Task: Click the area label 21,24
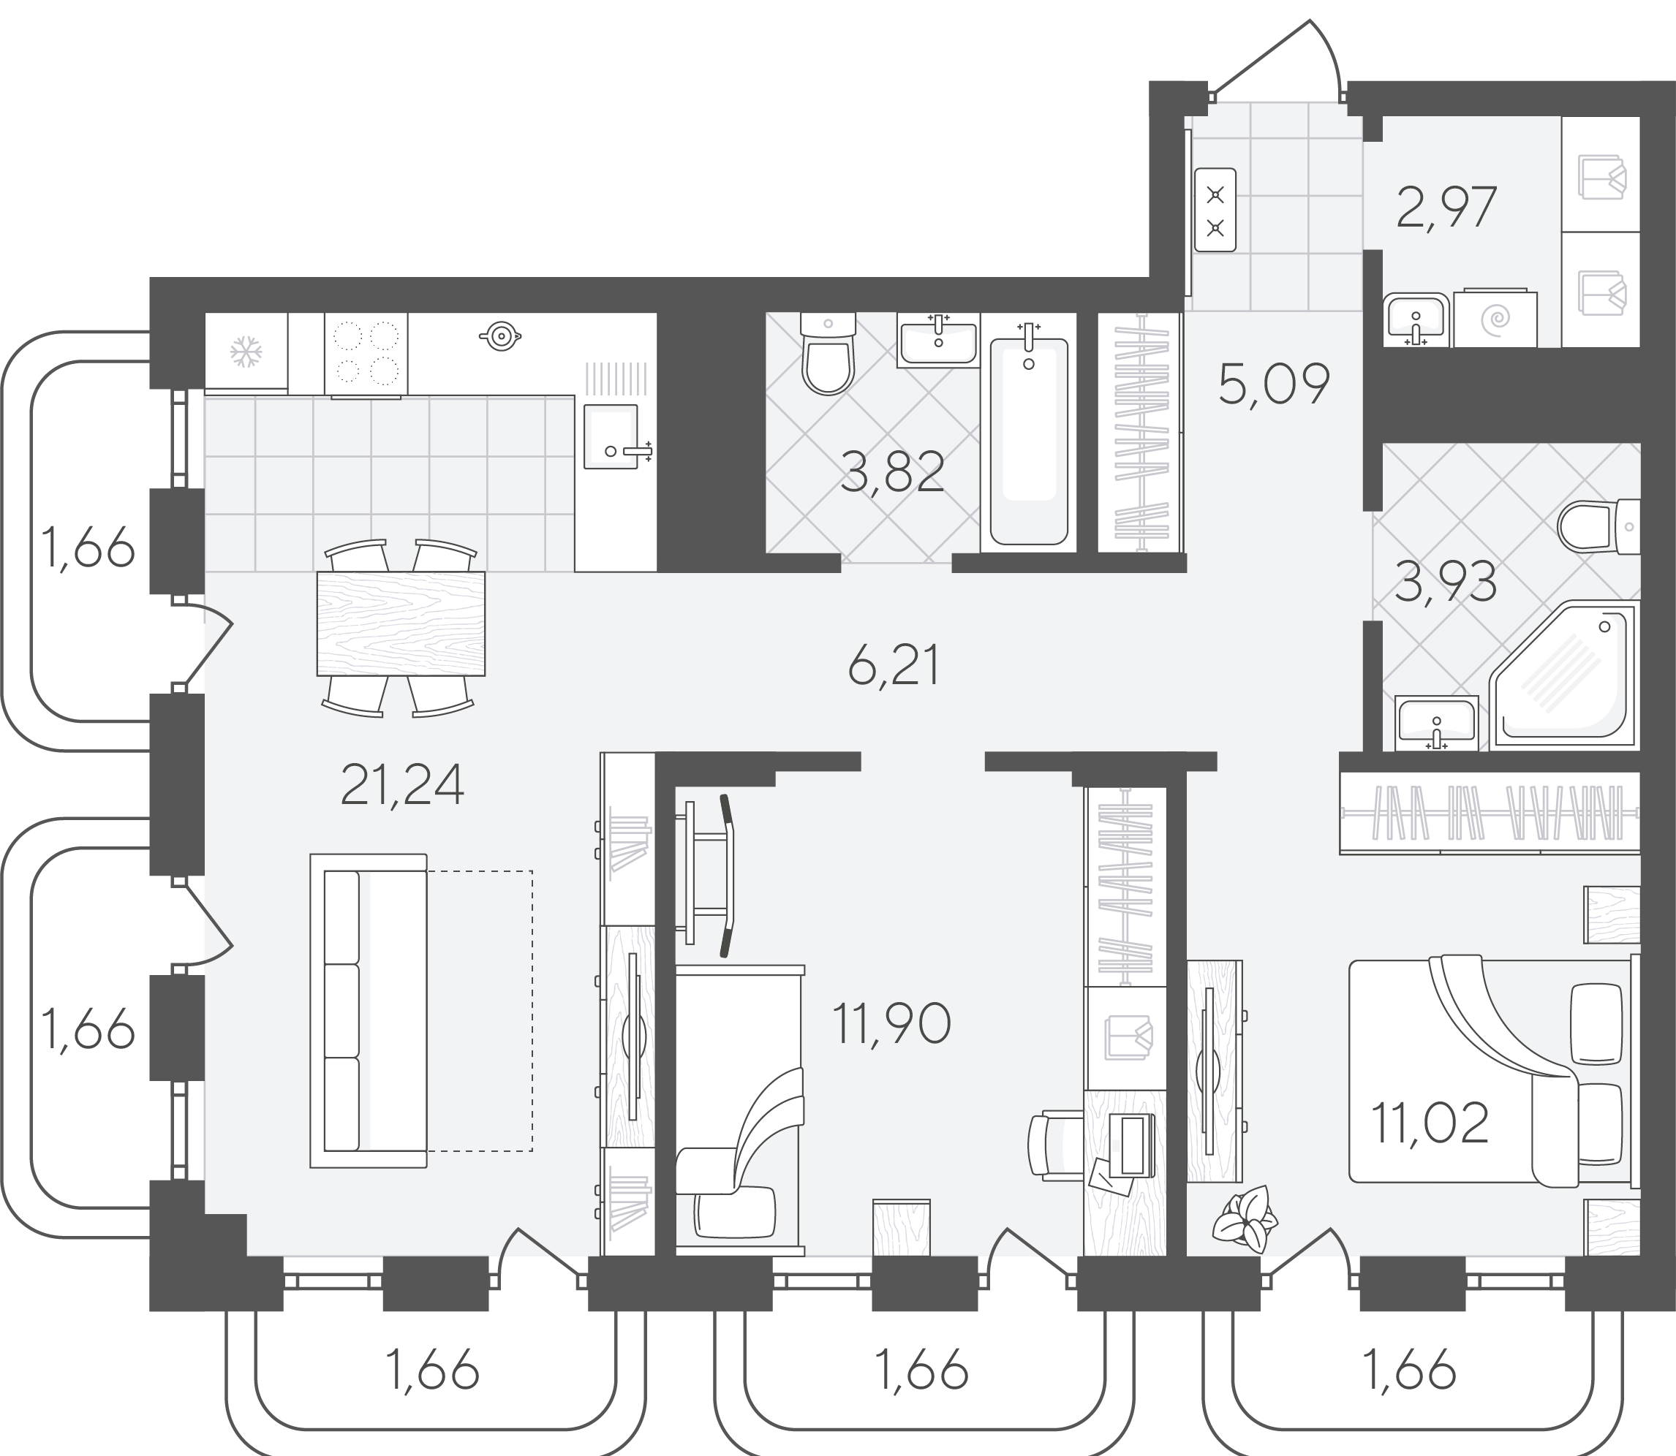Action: tap(402, 785)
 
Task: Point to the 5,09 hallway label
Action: tap(1274, 384)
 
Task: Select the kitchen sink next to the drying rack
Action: tap(611, 437)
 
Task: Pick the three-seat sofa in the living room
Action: tap(369, 1011)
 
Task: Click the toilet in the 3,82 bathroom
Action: tap(828, 354)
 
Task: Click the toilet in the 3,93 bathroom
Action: tap(1598, 526)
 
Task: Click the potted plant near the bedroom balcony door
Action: tap(1245, 1216)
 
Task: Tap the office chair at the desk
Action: tap(1054, 1145)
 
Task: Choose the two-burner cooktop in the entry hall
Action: tap(1215, 210)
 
